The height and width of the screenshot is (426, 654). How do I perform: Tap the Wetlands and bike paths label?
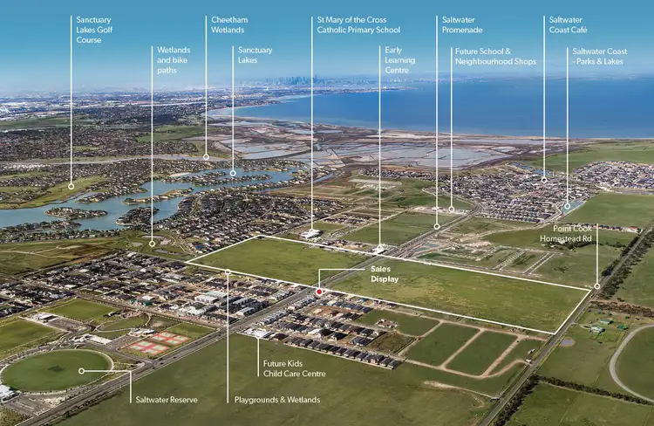[x=174, y=59]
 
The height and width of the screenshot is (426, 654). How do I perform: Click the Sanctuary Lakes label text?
[x=254, y=54]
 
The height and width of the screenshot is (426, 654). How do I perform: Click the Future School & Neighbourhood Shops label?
[x=495, y=57]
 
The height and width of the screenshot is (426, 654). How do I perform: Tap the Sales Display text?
[x=384, y=274]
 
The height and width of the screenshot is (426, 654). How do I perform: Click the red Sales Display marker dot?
[x=320, y=292]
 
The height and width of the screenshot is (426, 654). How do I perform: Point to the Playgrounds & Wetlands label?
[x=278, y=400]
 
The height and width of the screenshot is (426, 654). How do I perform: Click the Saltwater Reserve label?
[x=166, y=400]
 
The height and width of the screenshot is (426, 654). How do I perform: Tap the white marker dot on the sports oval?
[x=82, y=371]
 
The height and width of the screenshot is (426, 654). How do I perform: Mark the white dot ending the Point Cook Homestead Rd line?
[x=597, y=285]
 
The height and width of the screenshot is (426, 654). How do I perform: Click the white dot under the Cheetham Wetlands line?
[x=206, y=157]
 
